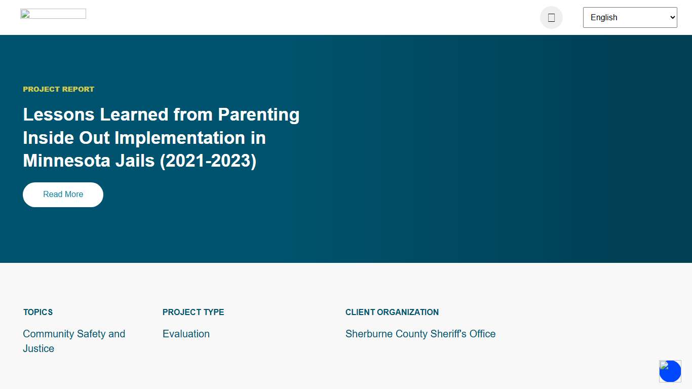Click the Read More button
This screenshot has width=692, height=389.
(x=63, y=194)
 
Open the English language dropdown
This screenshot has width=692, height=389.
(x=630, y=17)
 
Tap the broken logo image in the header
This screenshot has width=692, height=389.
(x=53, y=14)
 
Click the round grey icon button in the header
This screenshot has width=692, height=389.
(x=551, y=18)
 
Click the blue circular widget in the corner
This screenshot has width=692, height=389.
(x=670, y=371)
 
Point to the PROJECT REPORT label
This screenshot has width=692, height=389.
(x=59, y=89)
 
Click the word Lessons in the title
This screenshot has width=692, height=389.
(x=59, y=114)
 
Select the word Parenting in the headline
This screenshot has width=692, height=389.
(x=258, y=114)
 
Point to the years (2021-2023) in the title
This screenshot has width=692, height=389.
(x=208, y=161)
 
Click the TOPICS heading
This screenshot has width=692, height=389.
(x=38, y=312)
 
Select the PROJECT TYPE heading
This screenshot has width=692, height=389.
(x=193, y=312)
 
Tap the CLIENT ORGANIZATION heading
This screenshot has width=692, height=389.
(x=392, y=312)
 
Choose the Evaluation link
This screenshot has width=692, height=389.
(x=186, y=334)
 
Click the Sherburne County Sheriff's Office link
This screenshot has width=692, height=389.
(x=420, y=334)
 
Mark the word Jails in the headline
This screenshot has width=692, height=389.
(x=134, y=161)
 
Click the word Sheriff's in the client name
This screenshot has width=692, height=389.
(x=448, y=334)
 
